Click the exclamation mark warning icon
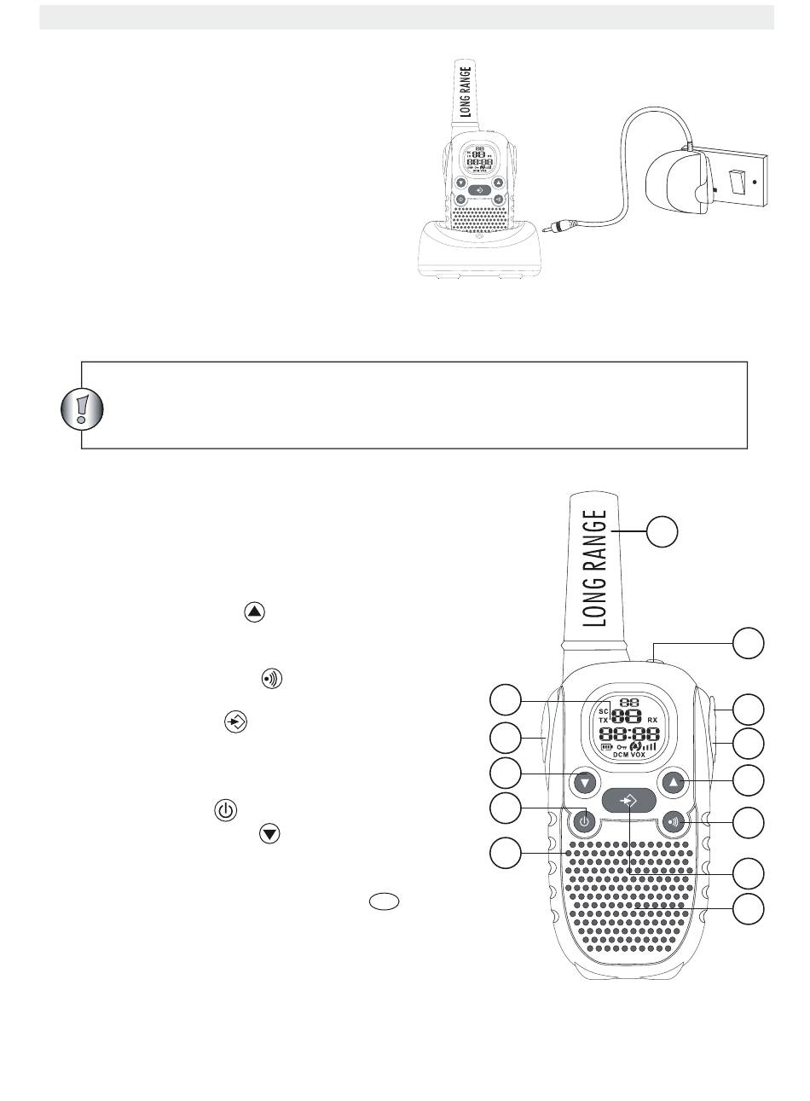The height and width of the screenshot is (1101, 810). (x=83, y=411)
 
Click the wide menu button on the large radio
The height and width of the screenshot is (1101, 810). (x=628, y=802)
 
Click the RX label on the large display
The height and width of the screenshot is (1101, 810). (x=652, y=721)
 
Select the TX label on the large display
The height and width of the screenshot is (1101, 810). (x=603, y=721)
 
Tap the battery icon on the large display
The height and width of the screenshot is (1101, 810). (x=607, y=745)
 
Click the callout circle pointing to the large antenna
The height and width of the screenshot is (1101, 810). (x=662, y=531)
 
